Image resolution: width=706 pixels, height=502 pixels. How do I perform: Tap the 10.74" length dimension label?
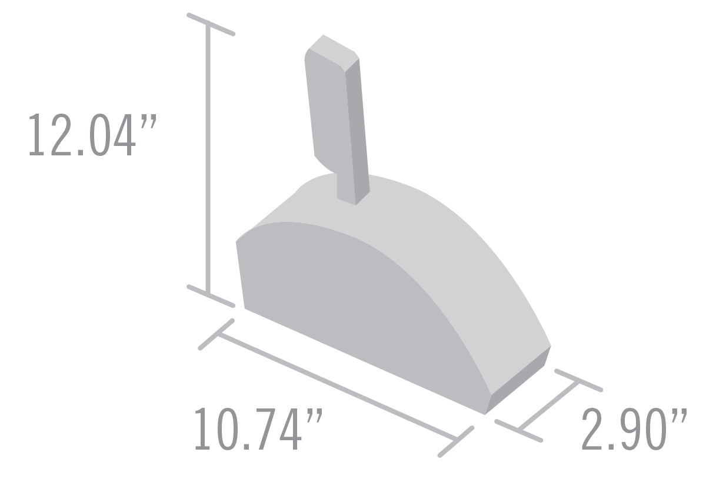tap(259, 431)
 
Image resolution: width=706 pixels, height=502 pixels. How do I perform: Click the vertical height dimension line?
tap(208, 159)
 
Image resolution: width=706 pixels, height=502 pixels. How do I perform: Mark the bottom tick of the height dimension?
tap(211, 296)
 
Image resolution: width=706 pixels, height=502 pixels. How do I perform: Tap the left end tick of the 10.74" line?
tap(217, 334)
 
